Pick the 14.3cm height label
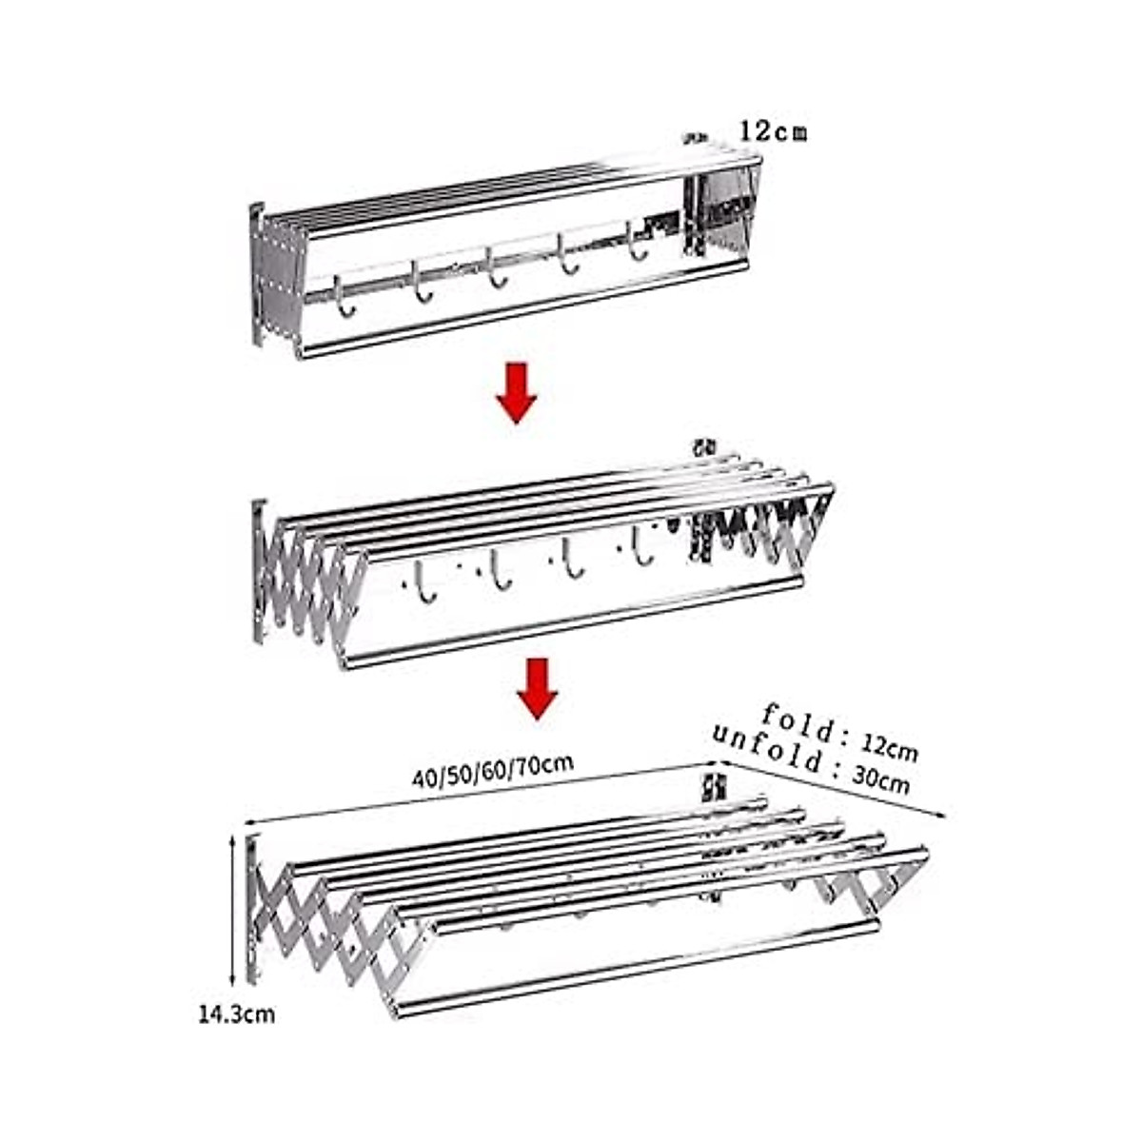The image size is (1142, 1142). pyautogui.click(x=236, y=1014)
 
